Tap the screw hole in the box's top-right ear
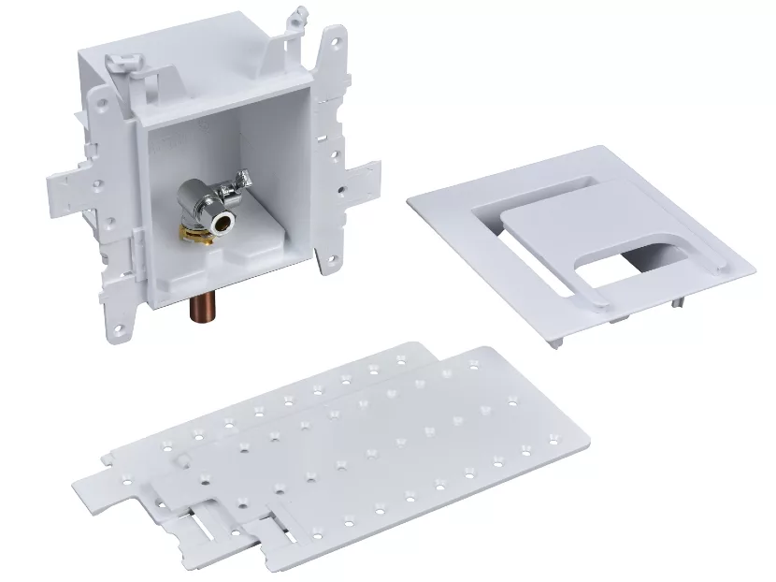pos(330,42)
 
